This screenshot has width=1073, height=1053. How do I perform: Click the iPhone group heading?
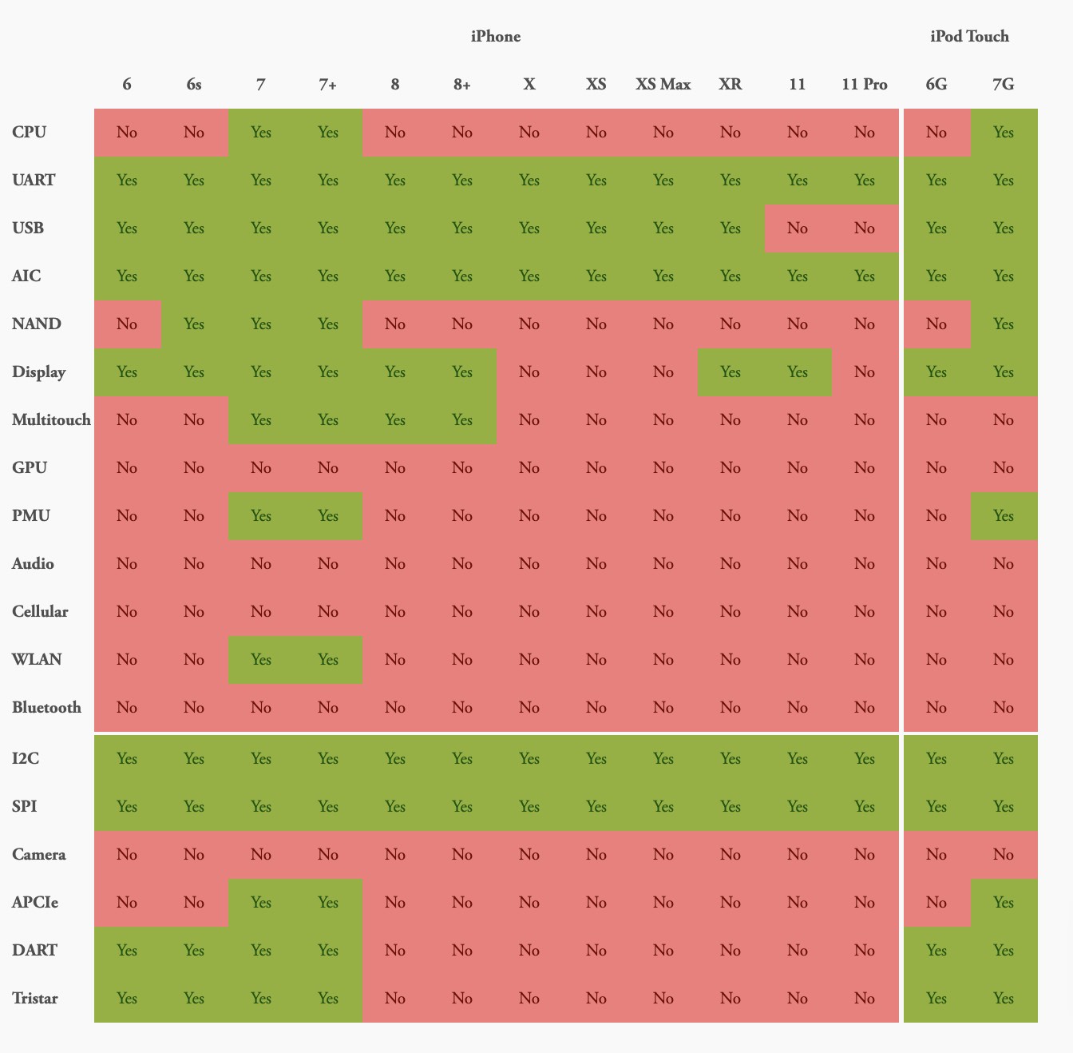click(x=495, y=36)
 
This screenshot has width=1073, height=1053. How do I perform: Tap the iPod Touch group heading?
click(x=969, y=36)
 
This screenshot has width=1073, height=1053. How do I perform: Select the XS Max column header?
click(x=663, y=84)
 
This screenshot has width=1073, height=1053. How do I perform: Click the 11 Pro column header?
click(x=864, y=84)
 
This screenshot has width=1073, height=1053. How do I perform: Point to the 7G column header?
click(x=1003, y=84)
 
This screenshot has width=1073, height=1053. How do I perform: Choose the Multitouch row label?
click(x=51, y=419)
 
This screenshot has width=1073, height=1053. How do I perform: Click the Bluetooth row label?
click(x=46, y=707)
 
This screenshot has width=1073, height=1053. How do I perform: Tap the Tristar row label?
click(x=35, y=998)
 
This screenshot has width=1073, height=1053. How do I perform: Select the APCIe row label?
click(x=35, y=902)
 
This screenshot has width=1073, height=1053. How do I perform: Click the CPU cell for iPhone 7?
click(x=261, y=132)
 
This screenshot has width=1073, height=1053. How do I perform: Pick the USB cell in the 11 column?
click(x=797, y=228)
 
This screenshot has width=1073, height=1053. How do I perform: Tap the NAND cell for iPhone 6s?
click(x=194, y=324)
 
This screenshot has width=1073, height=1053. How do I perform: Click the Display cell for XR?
click(x=730, y=372)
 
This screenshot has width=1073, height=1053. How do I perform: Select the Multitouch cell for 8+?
click(x=462, y=419)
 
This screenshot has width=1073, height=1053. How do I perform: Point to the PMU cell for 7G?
click(x=1004, y=515)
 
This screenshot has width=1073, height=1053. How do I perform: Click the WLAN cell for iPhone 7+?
click(x=328, y=659)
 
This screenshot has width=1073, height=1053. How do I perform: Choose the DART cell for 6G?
click(x=936, y=950)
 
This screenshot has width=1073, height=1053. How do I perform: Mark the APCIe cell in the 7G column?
click(x=1004, y=902)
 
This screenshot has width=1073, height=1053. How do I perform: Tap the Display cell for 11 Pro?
click(x=864, y=372)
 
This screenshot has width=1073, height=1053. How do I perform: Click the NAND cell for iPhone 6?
click(x=127, y=324)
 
